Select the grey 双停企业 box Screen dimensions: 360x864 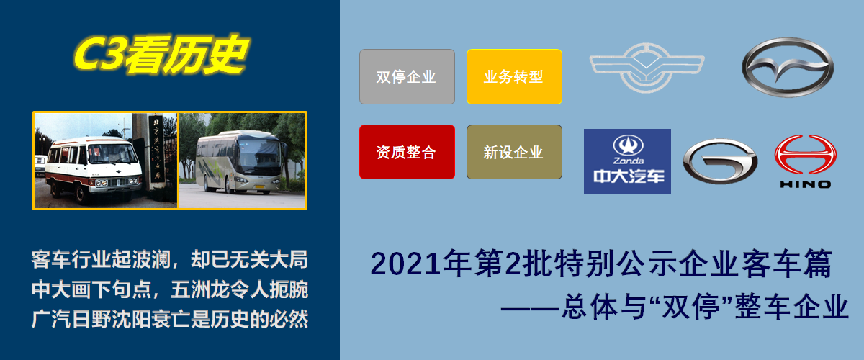click(x=407, y=76)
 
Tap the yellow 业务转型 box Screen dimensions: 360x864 click(x=514, y=76)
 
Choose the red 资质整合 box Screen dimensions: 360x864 click(x=407, y=152)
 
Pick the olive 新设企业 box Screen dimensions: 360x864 click(x=514, y=152)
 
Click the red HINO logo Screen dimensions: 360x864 click(x=805, y=154)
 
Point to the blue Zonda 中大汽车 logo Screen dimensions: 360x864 click(x=627, y=161)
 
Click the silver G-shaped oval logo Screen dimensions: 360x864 click(x=720, y=160)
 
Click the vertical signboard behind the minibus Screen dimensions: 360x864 click(x=156, y=151)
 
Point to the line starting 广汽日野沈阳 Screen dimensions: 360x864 click(x=170, y=318)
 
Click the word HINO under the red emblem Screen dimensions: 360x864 click(x=805, y=184)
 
